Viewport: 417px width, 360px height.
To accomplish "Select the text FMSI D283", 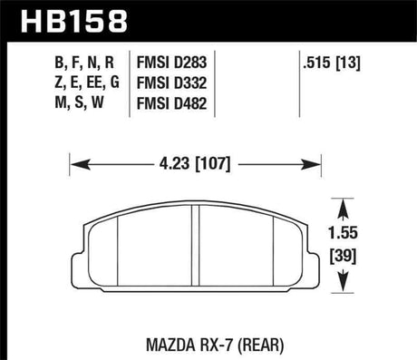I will pos(178,64).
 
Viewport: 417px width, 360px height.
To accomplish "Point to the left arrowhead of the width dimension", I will pos(76,165).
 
